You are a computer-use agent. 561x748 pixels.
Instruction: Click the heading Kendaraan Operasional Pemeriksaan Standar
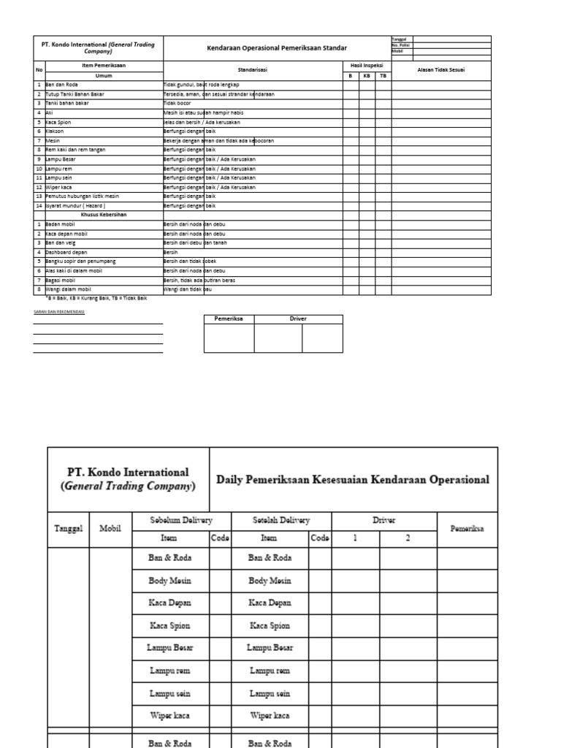tap(277, 48)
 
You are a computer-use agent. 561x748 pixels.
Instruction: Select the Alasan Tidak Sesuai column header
tap(440, 70)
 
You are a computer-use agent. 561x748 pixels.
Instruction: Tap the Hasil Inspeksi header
tap(367, 66)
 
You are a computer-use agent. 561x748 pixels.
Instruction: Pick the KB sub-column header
tap(367, 75)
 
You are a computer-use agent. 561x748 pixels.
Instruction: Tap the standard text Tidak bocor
tap(178, 104)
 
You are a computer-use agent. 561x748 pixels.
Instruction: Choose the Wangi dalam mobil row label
tap(67, 290)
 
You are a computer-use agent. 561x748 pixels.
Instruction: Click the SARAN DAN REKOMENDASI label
tap(59, 312)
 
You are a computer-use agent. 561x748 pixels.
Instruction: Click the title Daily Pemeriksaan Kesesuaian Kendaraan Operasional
tap(353, 480)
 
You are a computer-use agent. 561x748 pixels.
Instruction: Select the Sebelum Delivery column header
tap(181, 520)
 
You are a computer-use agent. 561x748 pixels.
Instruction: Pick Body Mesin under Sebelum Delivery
tap(170, 581)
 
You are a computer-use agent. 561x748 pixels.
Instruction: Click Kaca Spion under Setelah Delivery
tap(270, 625)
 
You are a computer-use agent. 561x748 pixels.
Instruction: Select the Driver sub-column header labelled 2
tap(408, 538)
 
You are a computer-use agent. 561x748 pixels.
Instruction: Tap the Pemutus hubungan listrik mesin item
tap(82, 196)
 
